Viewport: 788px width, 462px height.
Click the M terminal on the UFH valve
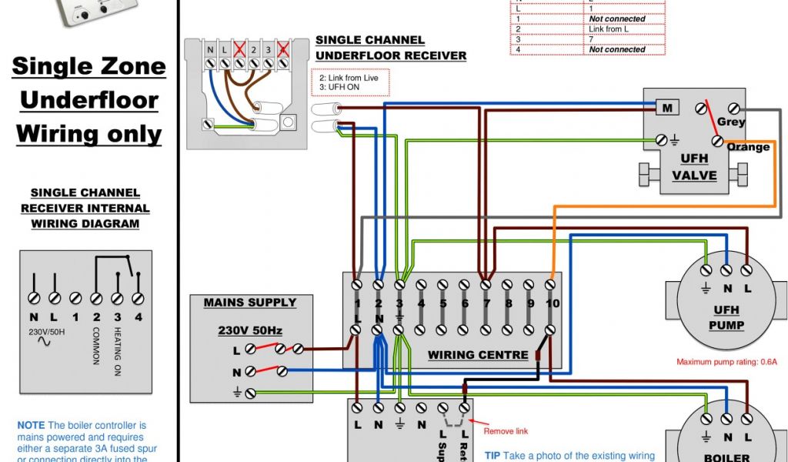click(x=666, y=108)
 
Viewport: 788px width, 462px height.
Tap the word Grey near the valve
click(x=731, y=122)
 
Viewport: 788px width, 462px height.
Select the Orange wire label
click(x=747, y=147)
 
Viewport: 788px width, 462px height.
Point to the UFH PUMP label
click(x=726, y=317)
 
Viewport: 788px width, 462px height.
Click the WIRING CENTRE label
click(x=478, y=355)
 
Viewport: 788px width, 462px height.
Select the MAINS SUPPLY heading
click(x=249, y=303)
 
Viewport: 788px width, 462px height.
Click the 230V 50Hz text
click(x=250, y=330)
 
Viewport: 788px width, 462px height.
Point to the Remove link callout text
click(x=506, y=431)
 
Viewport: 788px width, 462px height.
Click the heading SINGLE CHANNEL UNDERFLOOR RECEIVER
click(x=390, y=48)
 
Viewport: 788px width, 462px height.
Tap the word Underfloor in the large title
click(x=89, y=100)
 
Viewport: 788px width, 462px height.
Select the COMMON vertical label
click(x=96, y=346)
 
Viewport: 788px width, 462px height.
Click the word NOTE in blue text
click(x=31, y=425)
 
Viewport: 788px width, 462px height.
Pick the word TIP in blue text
click(x=492, y=456)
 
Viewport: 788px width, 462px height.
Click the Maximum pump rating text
click(x=726, y=361)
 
